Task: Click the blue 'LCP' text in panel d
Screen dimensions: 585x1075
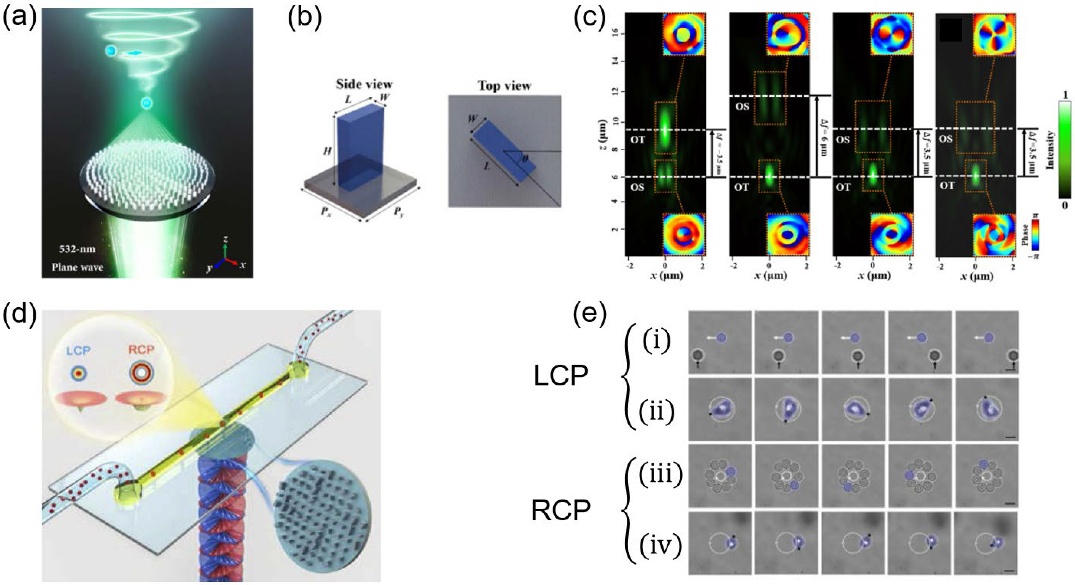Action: (79, 351)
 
